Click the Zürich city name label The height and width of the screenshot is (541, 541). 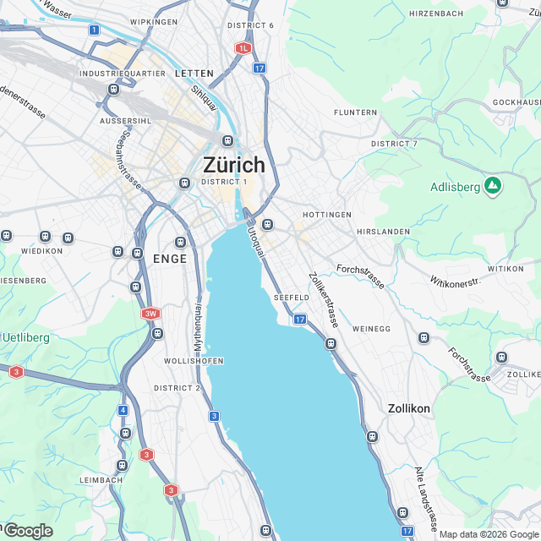coord(233,165)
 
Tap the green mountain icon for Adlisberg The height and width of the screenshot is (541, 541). coord(492,186)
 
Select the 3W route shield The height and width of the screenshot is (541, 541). coord(150,314)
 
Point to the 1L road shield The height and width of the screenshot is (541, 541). coord(243,48)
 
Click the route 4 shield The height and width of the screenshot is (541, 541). coord(123,411)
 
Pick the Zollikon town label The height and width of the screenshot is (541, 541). coord(409,408)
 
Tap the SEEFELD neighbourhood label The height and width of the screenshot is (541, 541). coord(292,298)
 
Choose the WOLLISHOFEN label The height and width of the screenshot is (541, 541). coord(194,361)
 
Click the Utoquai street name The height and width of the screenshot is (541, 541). coord(256,241)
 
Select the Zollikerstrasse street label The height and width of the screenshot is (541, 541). coord(324,301)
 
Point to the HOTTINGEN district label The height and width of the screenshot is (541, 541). coord(326,215)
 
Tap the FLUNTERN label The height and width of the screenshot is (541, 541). coord(355,112)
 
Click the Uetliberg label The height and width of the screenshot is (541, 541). coord(25,338)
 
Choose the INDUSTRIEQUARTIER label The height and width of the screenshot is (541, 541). coord(123,74)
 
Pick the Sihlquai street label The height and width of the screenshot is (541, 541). coord(205,101)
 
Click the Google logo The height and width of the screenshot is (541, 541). coord(28,530)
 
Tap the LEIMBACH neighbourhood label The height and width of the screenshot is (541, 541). coord(100,480)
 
